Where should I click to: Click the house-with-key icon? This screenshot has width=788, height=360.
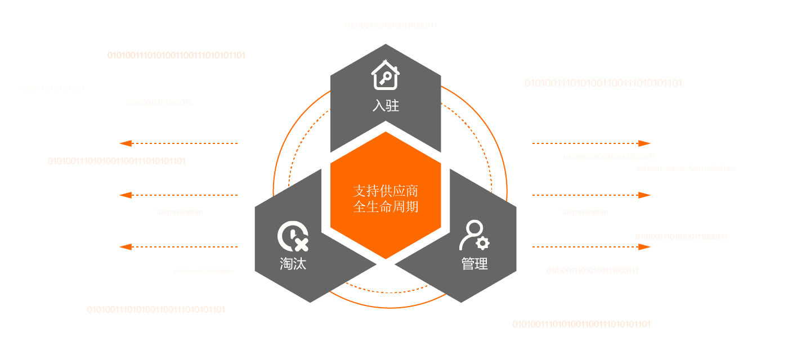click(x=386, y=76)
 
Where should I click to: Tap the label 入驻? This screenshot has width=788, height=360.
click(x=386, y=105)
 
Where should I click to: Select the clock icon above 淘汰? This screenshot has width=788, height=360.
click(x=293, y=237)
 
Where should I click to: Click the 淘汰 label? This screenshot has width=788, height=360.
click(x=293, y=263)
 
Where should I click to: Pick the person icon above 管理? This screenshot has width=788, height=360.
click(x=474, y=236)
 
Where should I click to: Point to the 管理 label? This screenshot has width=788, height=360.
click(x=474, y=263)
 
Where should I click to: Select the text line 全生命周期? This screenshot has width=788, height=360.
click(x=386, y=206)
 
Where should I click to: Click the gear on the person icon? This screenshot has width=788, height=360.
click(x=482, y=243)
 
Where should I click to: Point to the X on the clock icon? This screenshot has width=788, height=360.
click(x=301, y=244)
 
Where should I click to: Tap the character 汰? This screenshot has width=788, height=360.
click(x=299, y=263)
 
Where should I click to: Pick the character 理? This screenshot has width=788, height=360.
click(x=481, y=263)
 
